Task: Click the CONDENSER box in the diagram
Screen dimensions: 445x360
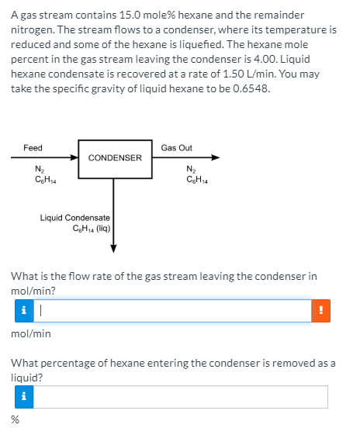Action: [115, 158]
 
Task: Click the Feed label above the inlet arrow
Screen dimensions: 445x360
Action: [33, 147]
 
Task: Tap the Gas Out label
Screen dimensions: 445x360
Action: [176, 147]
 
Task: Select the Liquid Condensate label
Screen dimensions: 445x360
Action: [76, 218]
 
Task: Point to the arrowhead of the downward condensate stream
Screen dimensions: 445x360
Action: [114, 248]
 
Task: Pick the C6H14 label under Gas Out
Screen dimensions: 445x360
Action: [196, 181]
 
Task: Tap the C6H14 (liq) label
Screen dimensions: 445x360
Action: [92, 228]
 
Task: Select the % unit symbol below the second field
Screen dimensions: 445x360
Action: [15, 419]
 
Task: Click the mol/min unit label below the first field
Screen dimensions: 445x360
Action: [31, 333]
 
